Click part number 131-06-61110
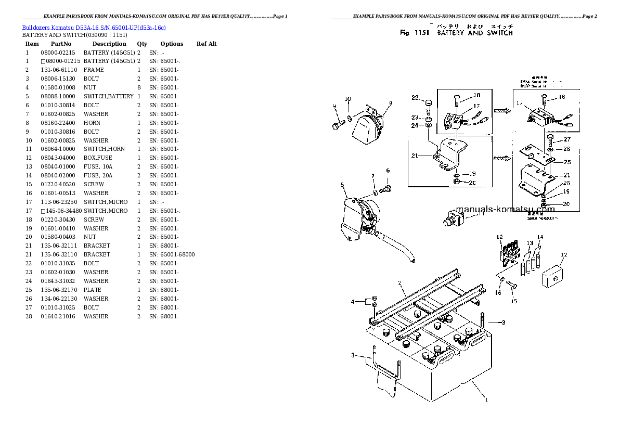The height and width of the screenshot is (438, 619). pyautogui.click(x=59, y=70)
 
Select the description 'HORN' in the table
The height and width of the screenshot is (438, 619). pyautogui.click(x=92, y=123)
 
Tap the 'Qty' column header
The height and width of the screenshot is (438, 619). pyautogui.click(x=142, y=44)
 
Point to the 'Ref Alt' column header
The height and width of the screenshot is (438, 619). pyautogui.click(x=207, y=44)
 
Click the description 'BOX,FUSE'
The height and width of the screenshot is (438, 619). pyautogui.click(x=97, y=158)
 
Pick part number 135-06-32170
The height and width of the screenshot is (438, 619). pyautogui.click(x=59, y=290)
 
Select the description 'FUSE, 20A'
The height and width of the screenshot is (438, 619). pyautogui.click(x=98, y=175)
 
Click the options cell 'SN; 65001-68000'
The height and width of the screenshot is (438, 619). pyautogui.click(x=172, y=254)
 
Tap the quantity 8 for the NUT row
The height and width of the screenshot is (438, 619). pyautogui.click(x=139, y=87)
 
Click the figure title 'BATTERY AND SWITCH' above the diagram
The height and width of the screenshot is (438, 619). pyautogui.click(x=474, y=33)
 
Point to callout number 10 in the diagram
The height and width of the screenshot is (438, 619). pyautogui.click(x=347, y=99)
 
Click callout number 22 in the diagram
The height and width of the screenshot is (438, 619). pyautogui.click(x=415, y=97)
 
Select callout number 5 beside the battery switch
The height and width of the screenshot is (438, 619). pyautogui.click(x=342, y=185)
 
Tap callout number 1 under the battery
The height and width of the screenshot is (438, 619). pyautogui.click(x=486, y=400)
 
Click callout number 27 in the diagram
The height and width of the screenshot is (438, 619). pyautogui.click(x=566, y=139)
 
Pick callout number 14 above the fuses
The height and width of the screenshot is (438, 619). pyautogui.click(x=540, y=238)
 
